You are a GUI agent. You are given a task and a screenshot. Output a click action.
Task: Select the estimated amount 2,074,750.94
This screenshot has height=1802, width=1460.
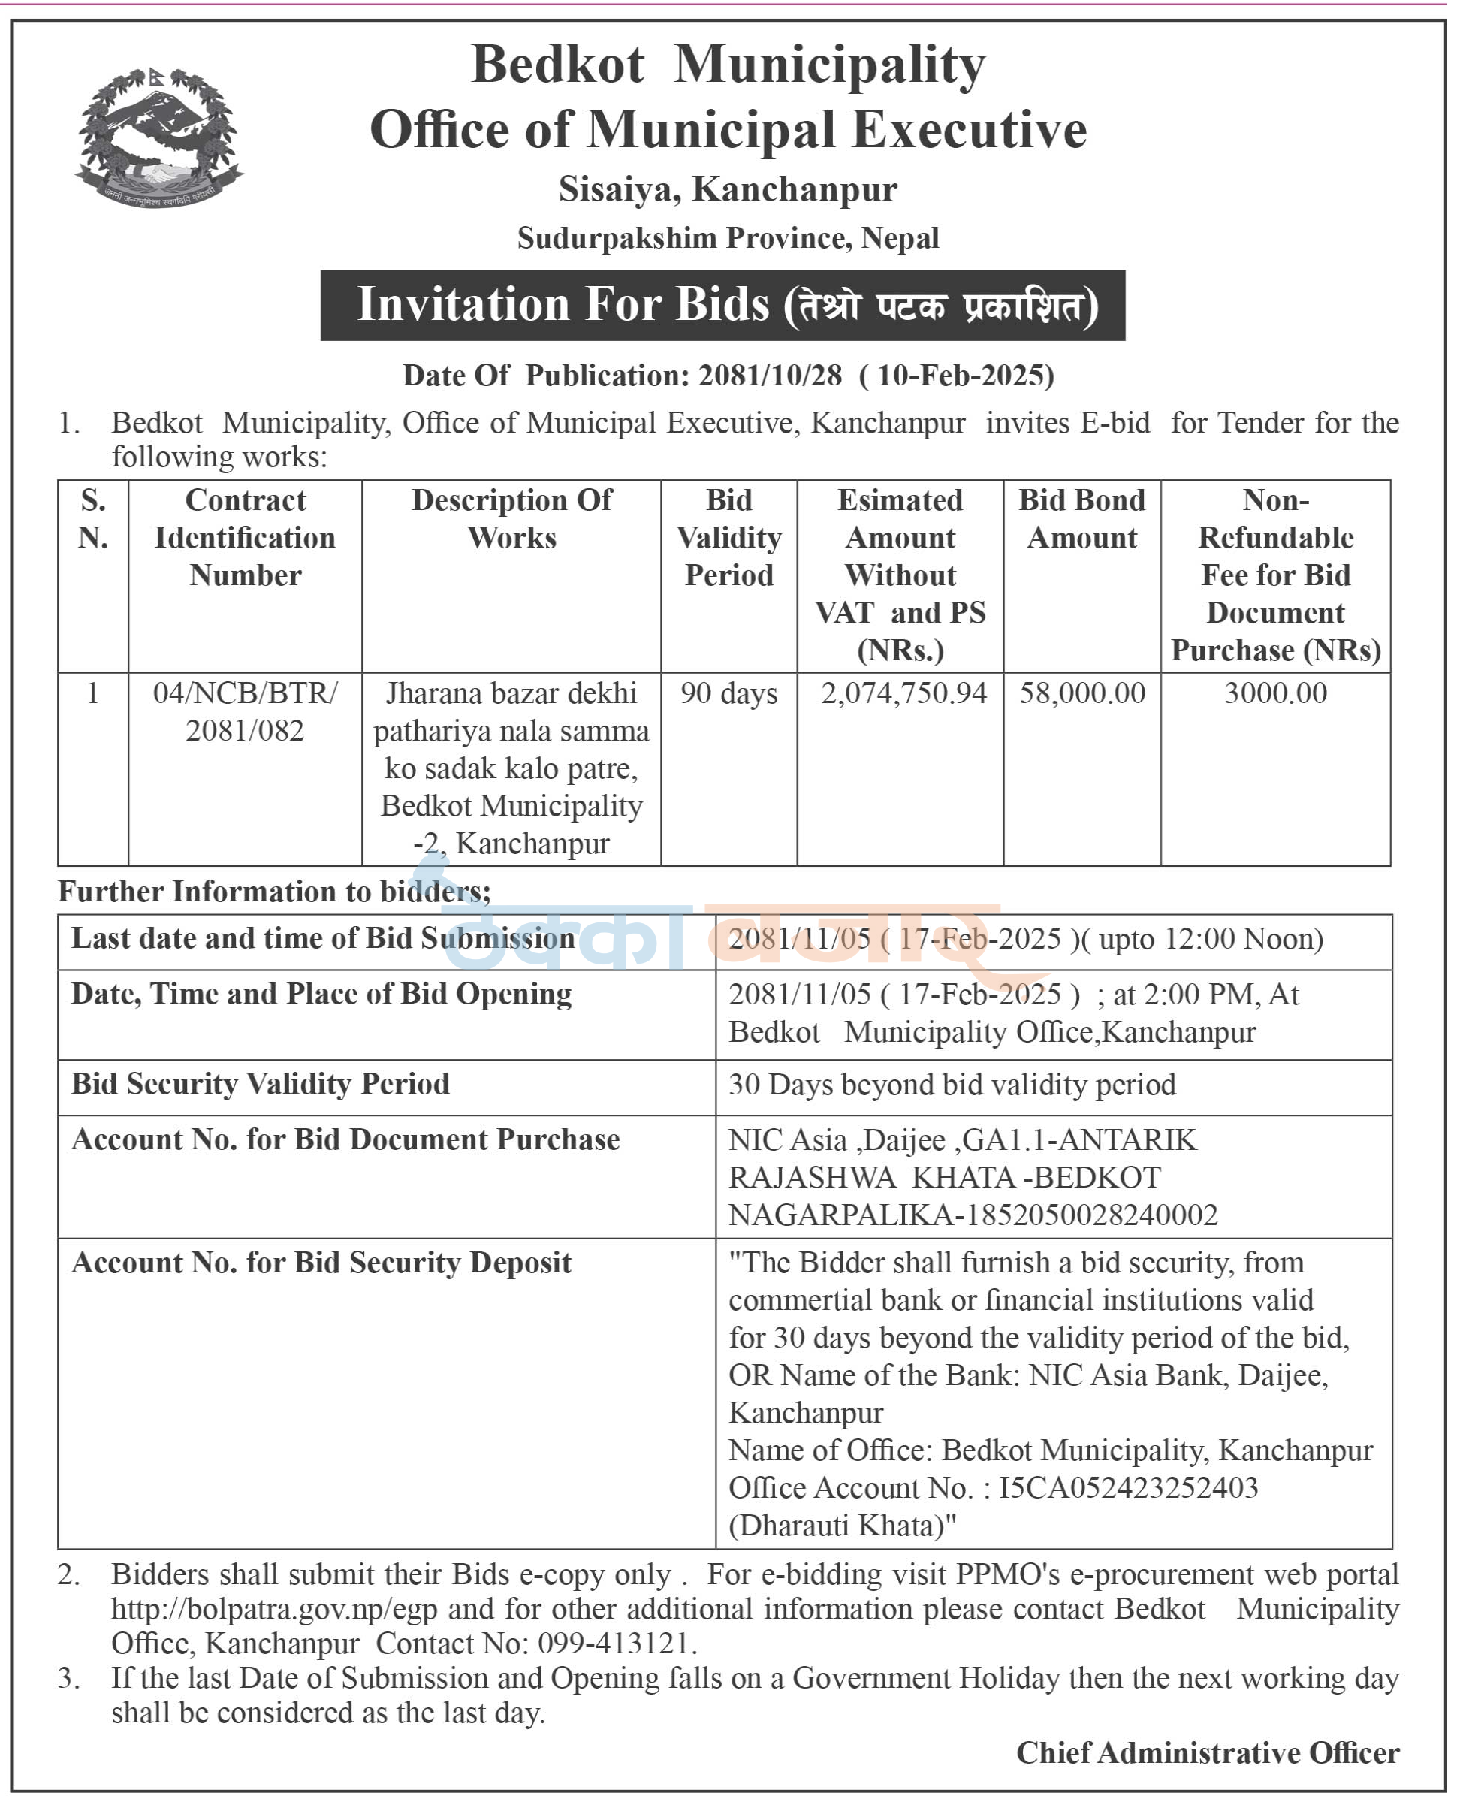coord(903,693)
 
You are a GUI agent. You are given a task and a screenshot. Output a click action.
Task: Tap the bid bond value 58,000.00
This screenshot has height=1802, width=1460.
coord(1081,693)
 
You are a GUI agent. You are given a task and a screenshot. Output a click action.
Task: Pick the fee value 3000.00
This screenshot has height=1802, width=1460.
coord(1275,693)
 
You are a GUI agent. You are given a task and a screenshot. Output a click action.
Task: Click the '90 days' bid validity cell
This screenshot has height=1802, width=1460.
coord(728,693)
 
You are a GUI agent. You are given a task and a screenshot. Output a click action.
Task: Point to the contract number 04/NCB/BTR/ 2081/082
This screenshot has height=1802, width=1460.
coord(245,712)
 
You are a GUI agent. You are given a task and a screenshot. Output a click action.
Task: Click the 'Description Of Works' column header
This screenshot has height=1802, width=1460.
coord(511,518)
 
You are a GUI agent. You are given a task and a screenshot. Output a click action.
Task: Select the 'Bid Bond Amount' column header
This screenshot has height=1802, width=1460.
coord(1081,518)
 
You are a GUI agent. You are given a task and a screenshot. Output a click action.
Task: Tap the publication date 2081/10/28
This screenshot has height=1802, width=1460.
coord(770,376)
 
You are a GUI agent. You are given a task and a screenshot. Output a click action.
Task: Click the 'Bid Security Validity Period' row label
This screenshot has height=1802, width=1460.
coord(261,1084)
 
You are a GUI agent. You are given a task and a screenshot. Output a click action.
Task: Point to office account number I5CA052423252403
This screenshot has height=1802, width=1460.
coord(1128,1487)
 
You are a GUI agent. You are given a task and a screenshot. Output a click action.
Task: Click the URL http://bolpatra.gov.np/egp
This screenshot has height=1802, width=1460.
coord(275,1610)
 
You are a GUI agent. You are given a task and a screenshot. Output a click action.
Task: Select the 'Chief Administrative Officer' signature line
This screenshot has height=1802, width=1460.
coord(1208,1752)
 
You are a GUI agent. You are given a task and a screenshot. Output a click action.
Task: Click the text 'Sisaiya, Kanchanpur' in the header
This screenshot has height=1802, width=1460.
coord(728,189)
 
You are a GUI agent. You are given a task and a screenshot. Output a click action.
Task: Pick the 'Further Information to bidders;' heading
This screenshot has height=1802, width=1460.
coord(274,891)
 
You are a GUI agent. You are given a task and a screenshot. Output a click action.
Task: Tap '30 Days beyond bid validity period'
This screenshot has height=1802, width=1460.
coord(952,1085)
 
